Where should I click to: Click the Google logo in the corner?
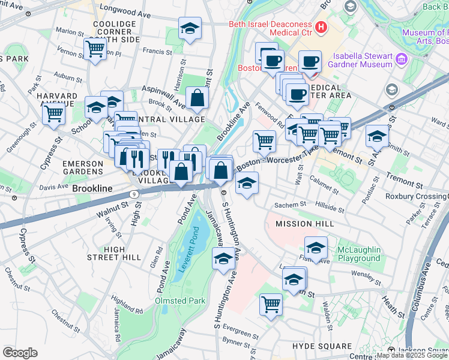tap(19, 353)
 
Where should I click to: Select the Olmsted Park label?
tap(180, 301)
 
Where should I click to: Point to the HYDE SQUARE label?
tap(322, 346)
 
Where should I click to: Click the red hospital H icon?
tap(321, 26)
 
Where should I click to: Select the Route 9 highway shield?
tap(133, 193)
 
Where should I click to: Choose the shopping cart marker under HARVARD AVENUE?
tap(54, 112)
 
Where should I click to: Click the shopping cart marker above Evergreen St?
tap(271, 304)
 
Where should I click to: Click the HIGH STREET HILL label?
tap(114, 253)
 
